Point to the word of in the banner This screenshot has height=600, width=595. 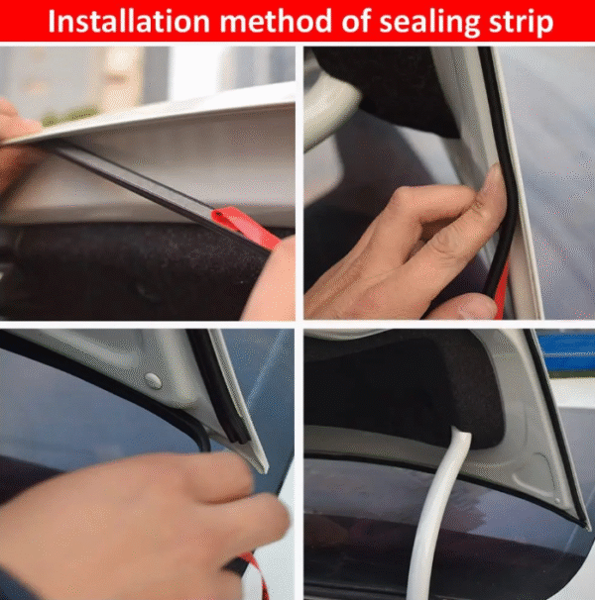(355, 21)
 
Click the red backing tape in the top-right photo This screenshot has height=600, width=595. (502, 291)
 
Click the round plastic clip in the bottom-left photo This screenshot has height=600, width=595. (153, 380)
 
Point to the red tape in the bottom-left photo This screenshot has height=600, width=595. (254, 576)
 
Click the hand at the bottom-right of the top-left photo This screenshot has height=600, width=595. (271, 279)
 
